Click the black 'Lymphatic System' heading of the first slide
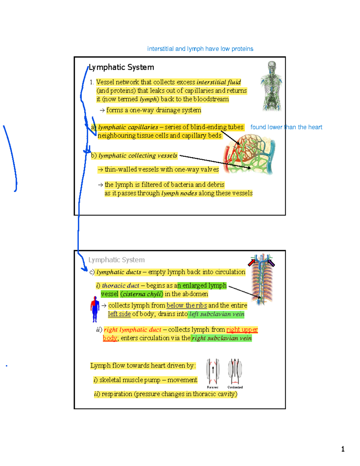[x=121, y=68]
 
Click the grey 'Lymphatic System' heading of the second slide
[x=116, y=260]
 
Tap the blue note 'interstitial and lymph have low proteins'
[x=200, y=49]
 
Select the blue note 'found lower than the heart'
[x=286, y=127]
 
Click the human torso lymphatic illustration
[x=271, y=86]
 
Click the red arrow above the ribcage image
[x=251, y=263]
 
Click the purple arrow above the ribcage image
[x=271, y=263]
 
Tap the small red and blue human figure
[x=95, y=309]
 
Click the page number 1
[x=343, y=449]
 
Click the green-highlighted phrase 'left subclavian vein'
[x=217, y=314]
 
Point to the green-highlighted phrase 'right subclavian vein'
[x=222, y=338]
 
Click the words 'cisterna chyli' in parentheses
[x=142, y=294]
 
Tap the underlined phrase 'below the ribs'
[x=187, y=305]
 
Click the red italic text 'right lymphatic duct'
[x=132, y=330]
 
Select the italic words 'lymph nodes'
[x=179, y=193]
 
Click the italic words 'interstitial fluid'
[x=218, y=82]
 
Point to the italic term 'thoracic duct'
[x=120, y=286]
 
